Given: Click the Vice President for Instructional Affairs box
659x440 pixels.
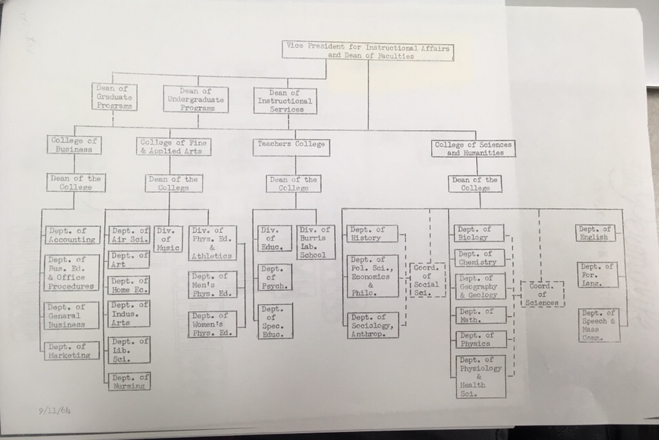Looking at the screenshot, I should coord(367,50).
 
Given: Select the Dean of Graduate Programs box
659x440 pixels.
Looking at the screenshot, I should coord(114,97).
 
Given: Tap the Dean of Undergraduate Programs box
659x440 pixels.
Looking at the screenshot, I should coord(196,99).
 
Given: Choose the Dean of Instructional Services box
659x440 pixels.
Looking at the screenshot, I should coord(285,101).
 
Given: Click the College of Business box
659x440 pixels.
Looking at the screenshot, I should coord(74,145).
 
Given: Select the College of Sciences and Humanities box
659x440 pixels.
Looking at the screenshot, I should coord(474,148).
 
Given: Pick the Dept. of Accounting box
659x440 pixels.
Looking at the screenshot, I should coord(72,234).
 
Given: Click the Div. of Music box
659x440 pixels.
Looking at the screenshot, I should coord(168,239).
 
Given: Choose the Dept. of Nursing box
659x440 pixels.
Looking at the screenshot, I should coord(129,381).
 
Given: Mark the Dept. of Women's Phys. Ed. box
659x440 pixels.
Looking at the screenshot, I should coord(212,323).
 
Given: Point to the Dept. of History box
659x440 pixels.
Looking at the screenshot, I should coord(373,234).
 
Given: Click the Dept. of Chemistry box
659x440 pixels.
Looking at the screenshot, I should coord(480,258).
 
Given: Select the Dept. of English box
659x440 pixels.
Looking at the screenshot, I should coord(596,233).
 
